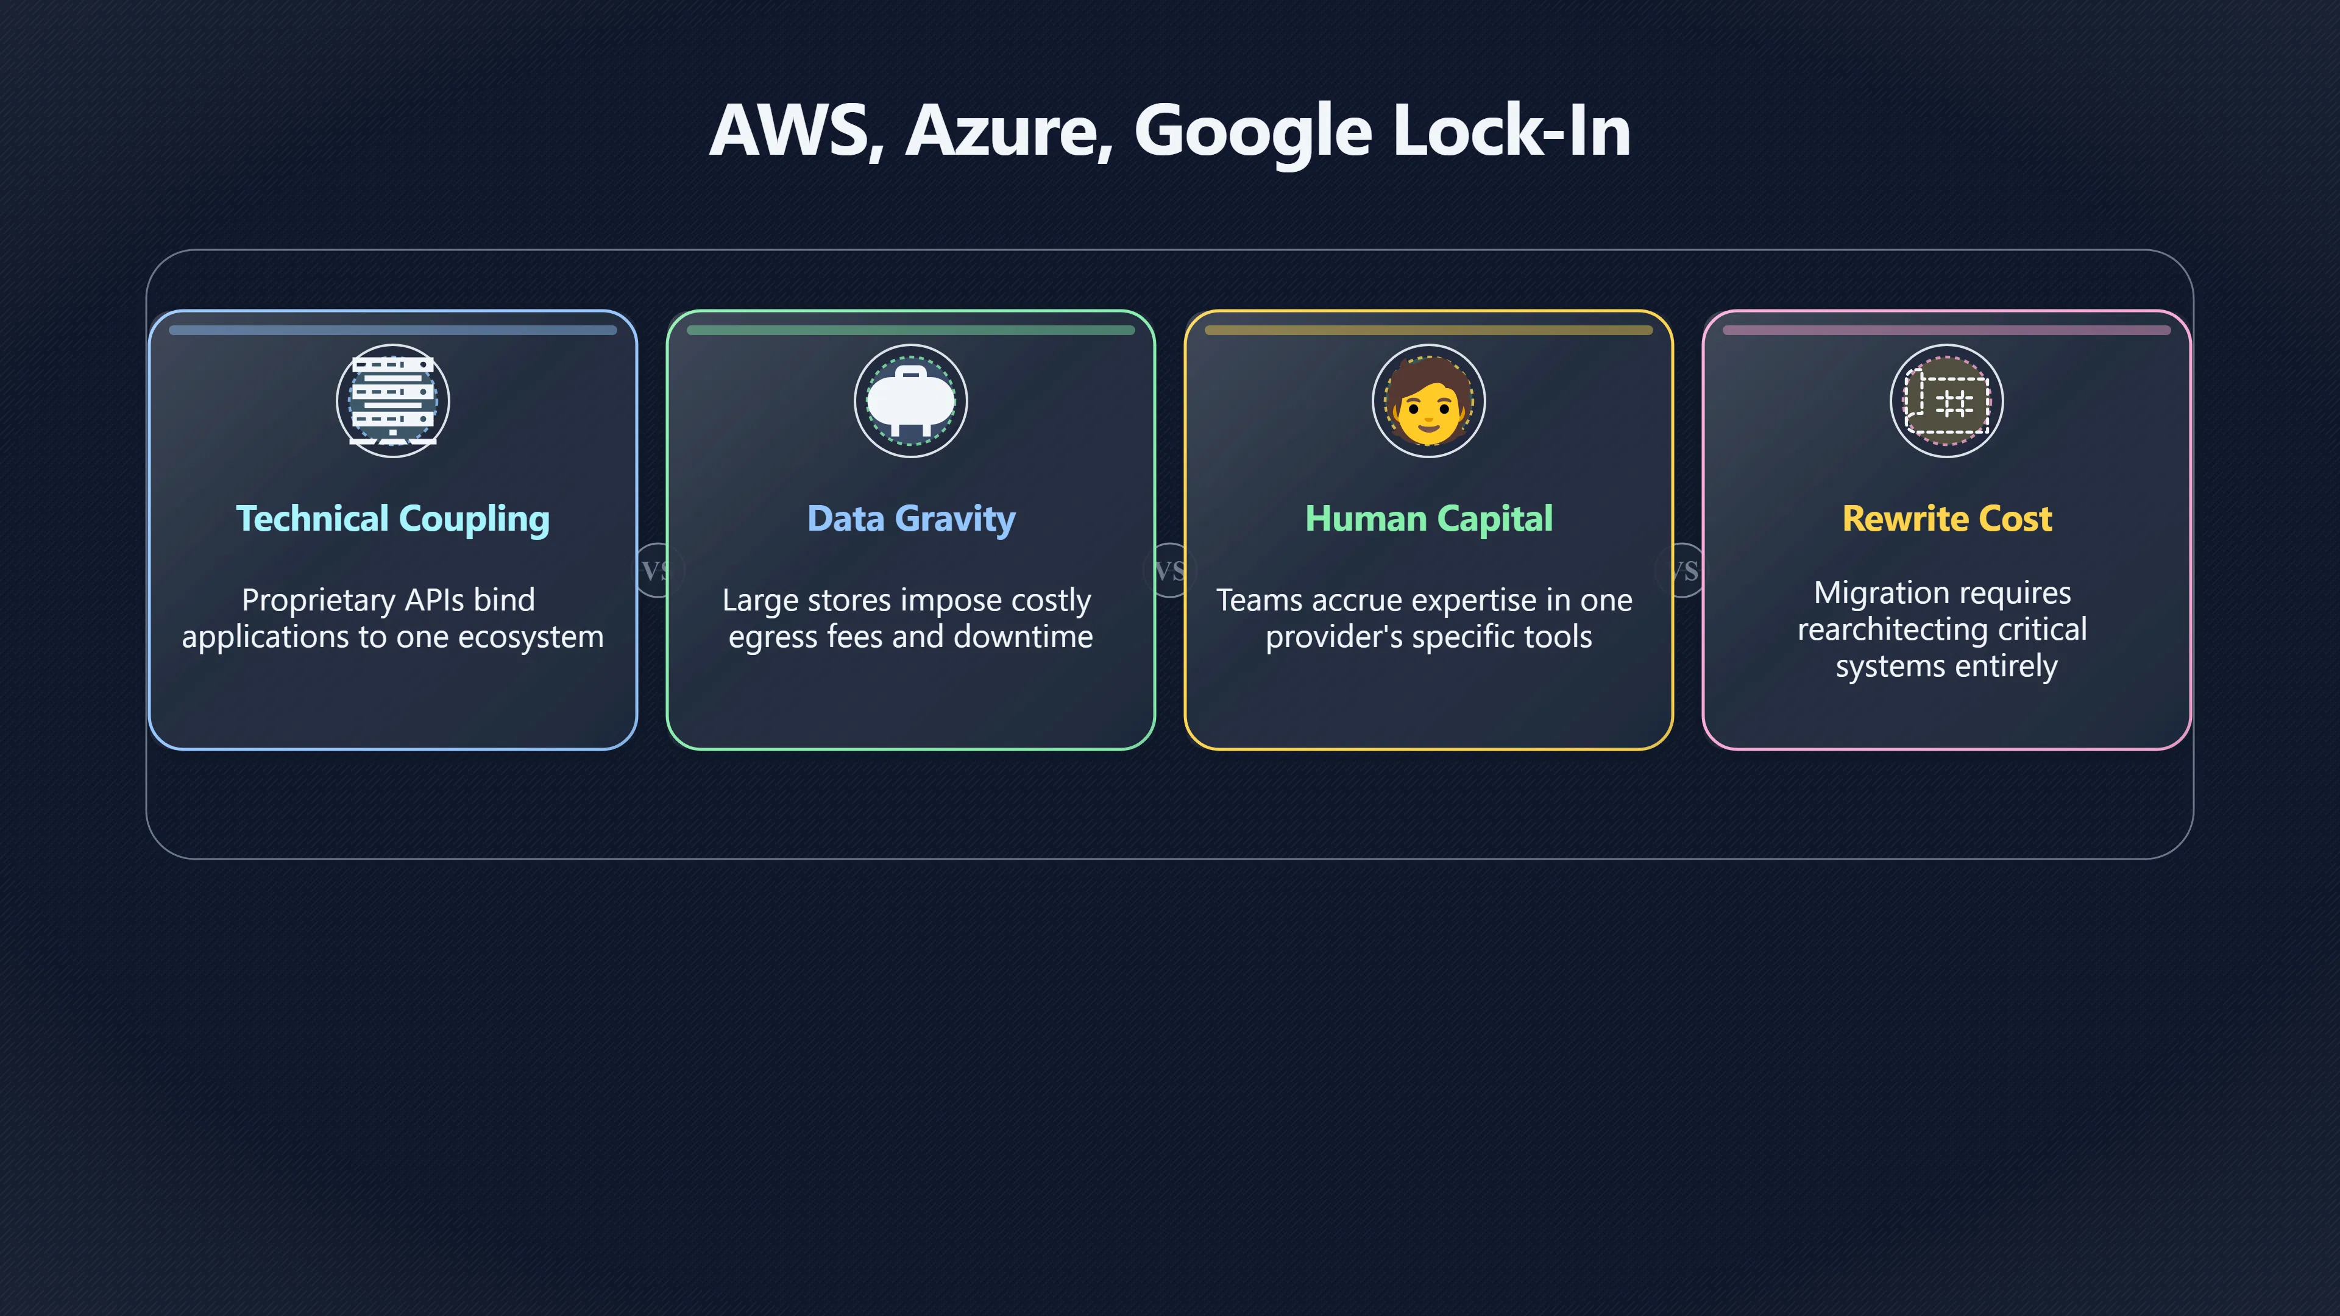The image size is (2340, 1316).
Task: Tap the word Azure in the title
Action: [1009, 132]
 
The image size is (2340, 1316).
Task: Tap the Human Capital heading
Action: [1429, 518]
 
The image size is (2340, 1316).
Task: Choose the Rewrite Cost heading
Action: [1947, 518]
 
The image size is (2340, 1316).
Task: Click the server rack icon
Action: [393, 400]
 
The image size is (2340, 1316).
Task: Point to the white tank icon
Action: [911, 400]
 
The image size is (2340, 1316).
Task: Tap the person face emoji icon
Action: [1429, 400]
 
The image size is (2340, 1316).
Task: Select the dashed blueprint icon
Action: [1947, 400]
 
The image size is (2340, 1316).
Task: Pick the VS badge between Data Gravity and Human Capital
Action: [1170, 570]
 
